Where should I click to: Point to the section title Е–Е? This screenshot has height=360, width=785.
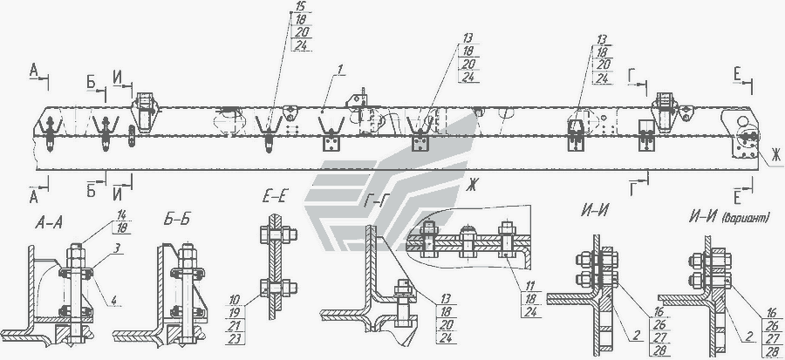tap(276, 197)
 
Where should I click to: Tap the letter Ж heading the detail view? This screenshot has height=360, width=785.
tap(474, 185)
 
